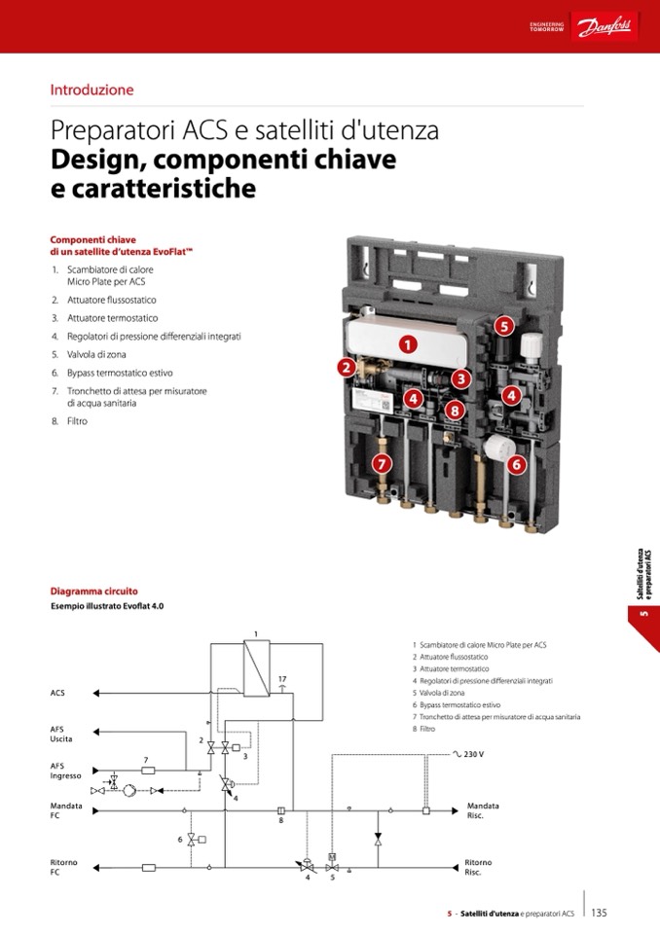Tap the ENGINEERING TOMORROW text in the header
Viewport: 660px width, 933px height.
(546, 27)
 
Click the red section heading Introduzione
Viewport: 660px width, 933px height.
(92, 90)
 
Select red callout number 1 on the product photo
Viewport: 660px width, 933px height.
(408, 343)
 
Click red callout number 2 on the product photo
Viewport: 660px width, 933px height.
(346, 367)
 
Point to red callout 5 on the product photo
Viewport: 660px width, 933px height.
(504, 327)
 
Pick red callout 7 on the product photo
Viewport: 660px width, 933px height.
(382, 463)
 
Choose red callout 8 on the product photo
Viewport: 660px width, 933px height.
(455, 410)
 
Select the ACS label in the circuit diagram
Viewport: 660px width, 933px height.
(57, 693)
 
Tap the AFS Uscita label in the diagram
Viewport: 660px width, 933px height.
(62, 734)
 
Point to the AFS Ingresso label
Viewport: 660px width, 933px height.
(65, 770)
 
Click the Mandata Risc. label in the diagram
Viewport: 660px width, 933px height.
(483, 810)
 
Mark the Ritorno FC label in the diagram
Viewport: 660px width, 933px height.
(63, 867)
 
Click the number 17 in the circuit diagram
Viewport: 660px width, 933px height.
(282, 678)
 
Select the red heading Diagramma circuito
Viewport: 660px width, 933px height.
(93, 591)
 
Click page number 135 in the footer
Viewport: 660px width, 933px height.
(599, 913)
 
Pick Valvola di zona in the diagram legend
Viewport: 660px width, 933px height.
(441, 693)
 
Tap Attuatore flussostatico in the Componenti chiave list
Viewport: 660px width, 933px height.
(111, 300)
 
